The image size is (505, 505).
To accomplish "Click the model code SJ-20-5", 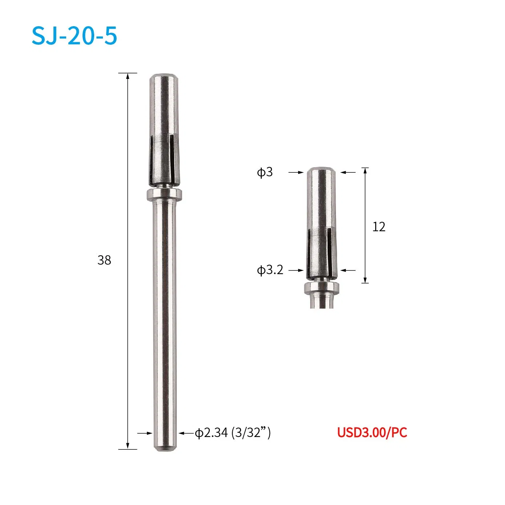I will tap(75, 36).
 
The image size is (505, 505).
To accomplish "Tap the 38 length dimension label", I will tap(104, 260).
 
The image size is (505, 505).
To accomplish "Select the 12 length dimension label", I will tap(378, 227).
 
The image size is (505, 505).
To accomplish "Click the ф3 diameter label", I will tap(265, 172).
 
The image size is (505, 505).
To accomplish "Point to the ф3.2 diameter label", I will tap(270, 270).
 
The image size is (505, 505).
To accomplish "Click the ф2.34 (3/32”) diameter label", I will tap(233, 433).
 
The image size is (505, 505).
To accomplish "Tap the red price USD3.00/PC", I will tap(372, 433).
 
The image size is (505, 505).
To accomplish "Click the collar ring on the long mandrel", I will tap(164, 195).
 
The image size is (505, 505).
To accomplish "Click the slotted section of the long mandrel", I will tap(164, 160).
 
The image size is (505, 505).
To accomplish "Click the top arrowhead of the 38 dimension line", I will tap(128, 76).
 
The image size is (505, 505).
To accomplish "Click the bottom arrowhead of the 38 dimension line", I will tap(128, 446).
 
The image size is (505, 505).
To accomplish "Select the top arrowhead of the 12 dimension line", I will tap(365, 171).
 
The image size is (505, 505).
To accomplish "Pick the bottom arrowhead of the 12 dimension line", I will tap(365, 280).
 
